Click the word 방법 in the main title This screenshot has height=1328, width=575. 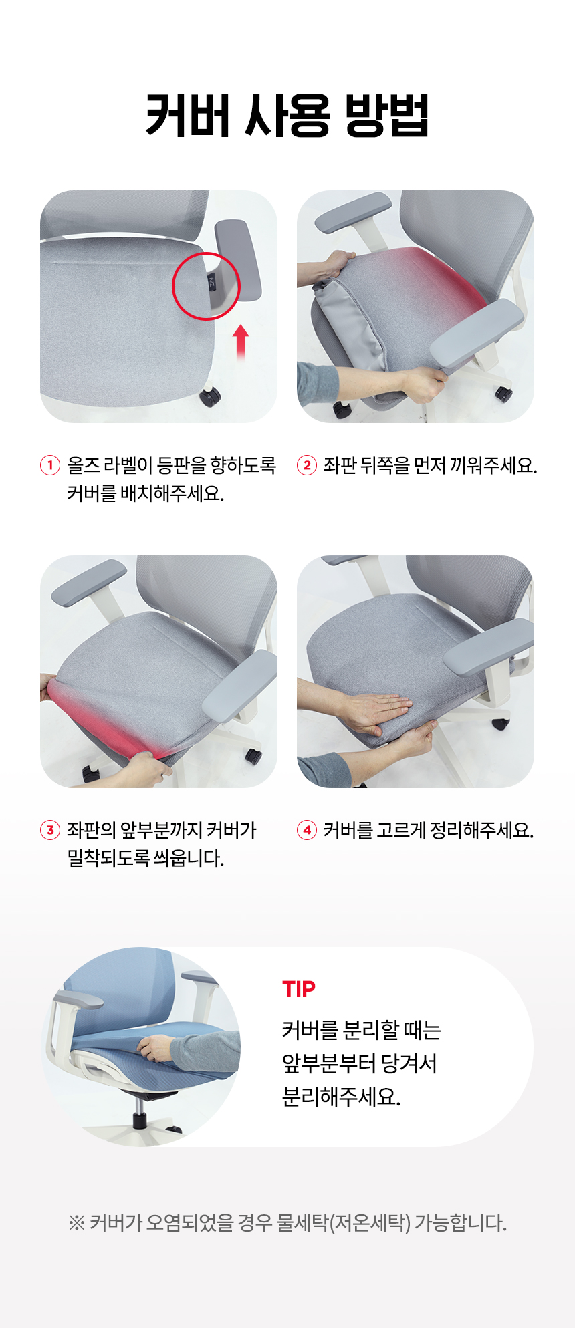point(386,116)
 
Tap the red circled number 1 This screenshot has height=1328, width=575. point(50,465)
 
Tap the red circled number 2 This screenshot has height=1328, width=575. point(306,465)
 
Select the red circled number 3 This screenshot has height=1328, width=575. point(50,830)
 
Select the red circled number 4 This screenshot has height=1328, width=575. point(306,830)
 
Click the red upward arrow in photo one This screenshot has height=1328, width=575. point(241,343)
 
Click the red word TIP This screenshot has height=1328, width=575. point(298,988)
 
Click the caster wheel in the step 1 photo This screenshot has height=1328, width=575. point(210,396)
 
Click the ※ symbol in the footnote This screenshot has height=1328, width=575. point(76,1223)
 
